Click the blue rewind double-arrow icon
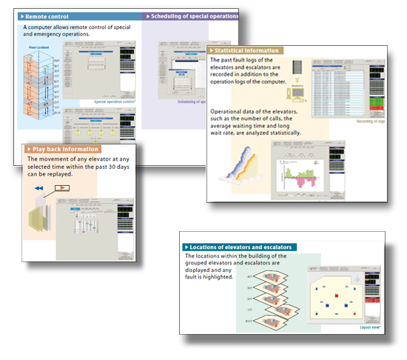point(38,188)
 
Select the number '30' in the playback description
point(118,167)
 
